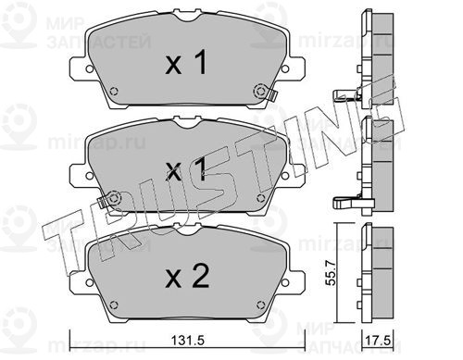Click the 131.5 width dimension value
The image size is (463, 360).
point(188,341)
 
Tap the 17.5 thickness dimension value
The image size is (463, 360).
point(379,341)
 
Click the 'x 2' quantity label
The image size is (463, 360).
point(187,277)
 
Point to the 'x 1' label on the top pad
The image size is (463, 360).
point(186,63)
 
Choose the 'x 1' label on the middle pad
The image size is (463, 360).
point(186,169)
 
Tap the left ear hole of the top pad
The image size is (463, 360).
point(89,68)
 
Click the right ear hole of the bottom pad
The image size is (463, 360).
point(284,282)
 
